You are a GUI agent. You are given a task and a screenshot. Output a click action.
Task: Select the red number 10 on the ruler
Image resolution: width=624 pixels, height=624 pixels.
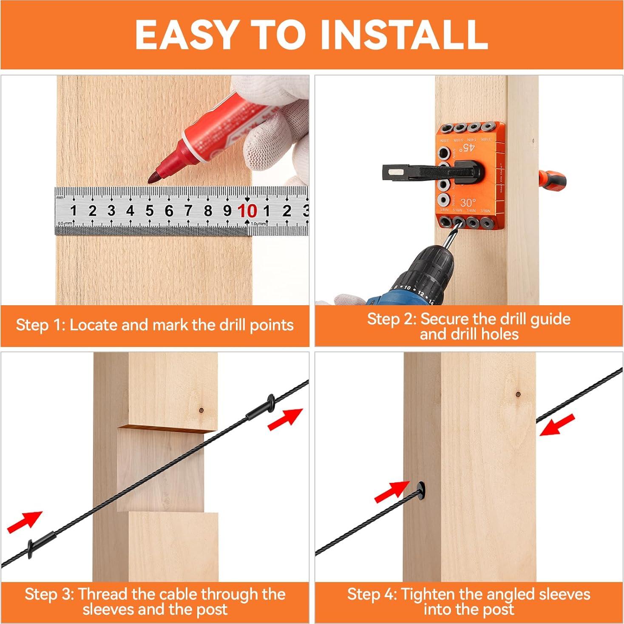[x=247, y=210]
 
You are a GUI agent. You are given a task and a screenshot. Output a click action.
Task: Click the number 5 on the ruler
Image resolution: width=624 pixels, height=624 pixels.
[x=149, y=210]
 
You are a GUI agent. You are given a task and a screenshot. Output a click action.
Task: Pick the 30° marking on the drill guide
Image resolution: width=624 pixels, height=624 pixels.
[x=468, y=203]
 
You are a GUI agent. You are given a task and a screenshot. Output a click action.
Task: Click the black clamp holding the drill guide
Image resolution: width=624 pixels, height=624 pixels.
[x=434, y=172]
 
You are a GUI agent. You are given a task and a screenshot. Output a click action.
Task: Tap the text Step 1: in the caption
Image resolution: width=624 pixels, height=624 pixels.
[x=40, y=325]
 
